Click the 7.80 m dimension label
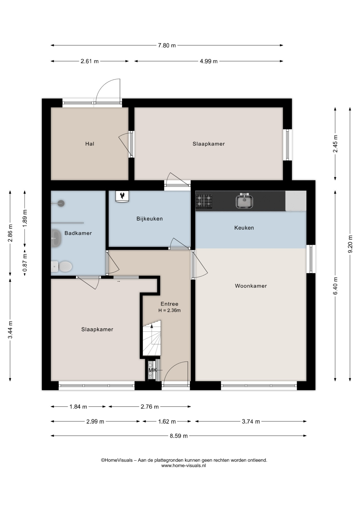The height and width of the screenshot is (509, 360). [x=167, y=45]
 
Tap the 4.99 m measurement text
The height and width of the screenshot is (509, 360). [x=209, y=61]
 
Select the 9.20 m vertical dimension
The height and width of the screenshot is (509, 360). [x=350, y=244]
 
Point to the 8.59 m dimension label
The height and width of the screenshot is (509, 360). [x=179, y=436]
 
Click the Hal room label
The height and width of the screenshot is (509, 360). [x=90, y=144]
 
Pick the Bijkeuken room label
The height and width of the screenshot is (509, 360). [x=150, y=219]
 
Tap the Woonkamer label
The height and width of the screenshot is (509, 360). [x=251, y=286]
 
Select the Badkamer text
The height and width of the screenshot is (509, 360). [x=78, y=233]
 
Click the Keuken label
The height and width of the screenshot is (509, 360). [x=244, y=228]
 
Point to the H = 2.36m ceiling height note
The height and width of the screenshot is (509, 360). [x=169, y=310]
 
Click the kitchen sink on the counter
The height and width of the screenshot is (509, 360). [x=244, y=201]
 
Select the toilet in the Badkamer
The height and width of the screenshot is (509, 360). [x=62, y=267]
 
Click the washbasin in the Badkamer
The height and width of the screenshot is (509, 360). [x=56, y=238]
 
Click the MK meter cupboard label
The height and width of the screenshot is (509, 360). [x=153, y=370]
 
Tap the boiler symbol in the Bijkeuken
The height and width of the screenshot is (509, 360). [x=122, y=196]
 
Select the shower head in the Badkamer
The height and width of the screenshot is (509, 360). [x=61, y=203]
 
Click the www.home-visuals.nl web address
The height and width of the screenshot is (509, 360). [x=183, y=465]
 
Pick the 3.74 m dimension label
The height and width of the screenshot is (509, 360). [x=251, y=422]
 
